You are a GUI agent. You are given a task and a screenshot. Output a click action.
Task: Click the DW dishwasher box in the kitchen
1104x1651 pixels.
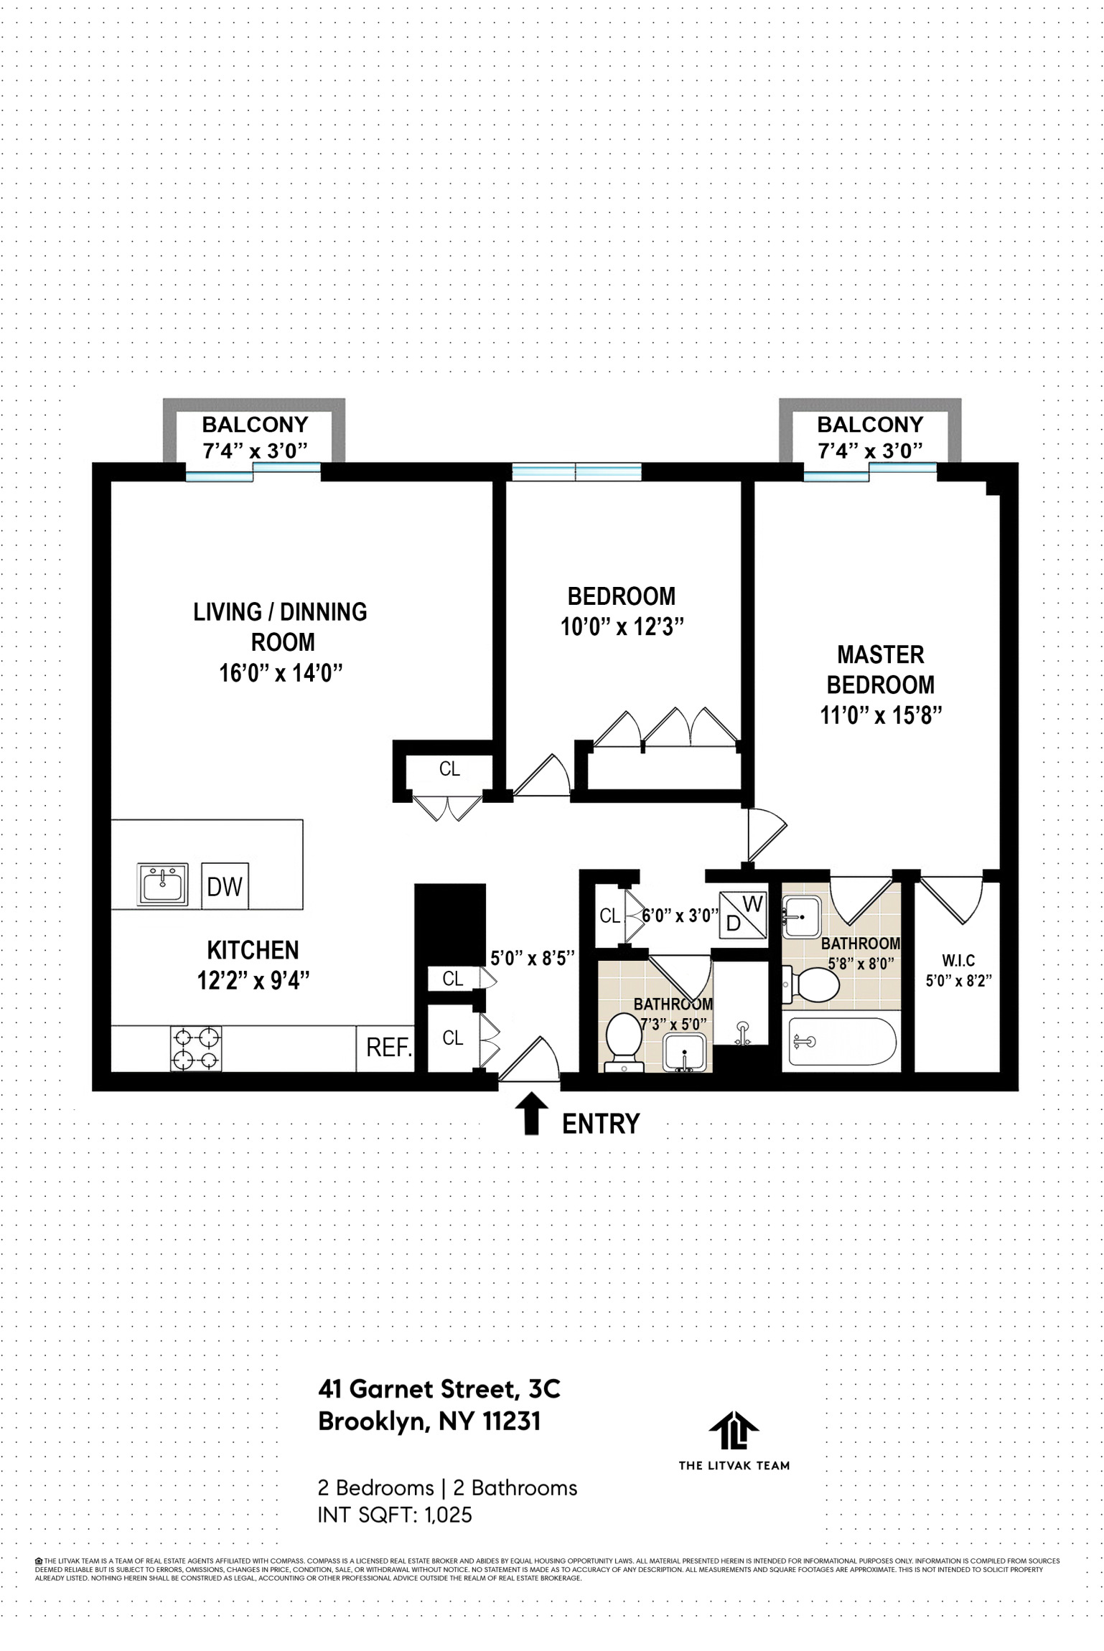click(x=225, y=886)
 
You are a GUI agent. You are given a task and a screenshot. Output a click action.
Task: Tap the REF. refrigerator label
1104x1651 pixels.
click(x=388, y=1048)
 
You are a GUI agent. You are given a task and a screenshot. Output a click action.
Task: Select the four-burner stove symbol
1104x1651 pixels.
click(x=196, y=1048)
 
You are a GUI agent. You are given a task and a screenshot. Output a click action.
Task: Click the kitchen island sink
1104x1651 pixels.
click(x=162, y=884)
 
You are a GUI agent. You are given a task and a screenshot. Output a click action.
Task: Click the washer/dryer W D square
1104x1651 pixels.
click(x=743, y=914)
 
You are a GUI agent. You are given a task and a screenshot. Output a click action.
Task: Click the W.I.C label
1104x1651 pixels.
click(x=958, y=960)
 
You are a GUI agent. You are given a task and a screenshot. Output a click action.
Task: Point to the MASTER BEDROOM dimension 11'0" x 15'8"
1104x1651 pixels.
click(x=881, y=715)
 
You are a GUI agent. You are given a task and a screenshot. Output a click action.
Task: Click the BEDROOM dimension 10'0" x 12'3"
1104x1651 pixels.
click(x=622, y=626)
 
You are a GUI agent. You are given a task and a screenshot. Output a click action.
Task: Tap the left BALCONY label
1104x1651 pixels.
click(x=255, y=424)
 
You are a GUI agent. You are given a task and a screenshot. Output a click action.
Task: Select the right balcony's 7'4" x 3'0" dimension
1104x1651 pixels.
click(x=870, y=451)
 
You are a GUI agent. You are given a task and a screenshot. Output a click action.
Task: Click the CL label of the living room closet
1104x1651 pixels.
click(x=449, y=768)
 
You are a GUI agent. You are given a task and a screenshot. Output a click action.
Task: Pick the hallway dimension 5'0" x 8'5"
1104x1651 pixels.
click(x=532, y=958)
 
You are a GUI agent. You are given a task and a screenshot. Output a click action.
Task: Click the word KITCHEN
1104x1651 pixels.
click(x=253, y=950)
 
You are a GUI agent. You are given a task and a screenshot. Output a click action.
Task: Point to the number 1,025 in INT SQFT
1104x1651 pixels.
click(x=448, y=1515)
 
